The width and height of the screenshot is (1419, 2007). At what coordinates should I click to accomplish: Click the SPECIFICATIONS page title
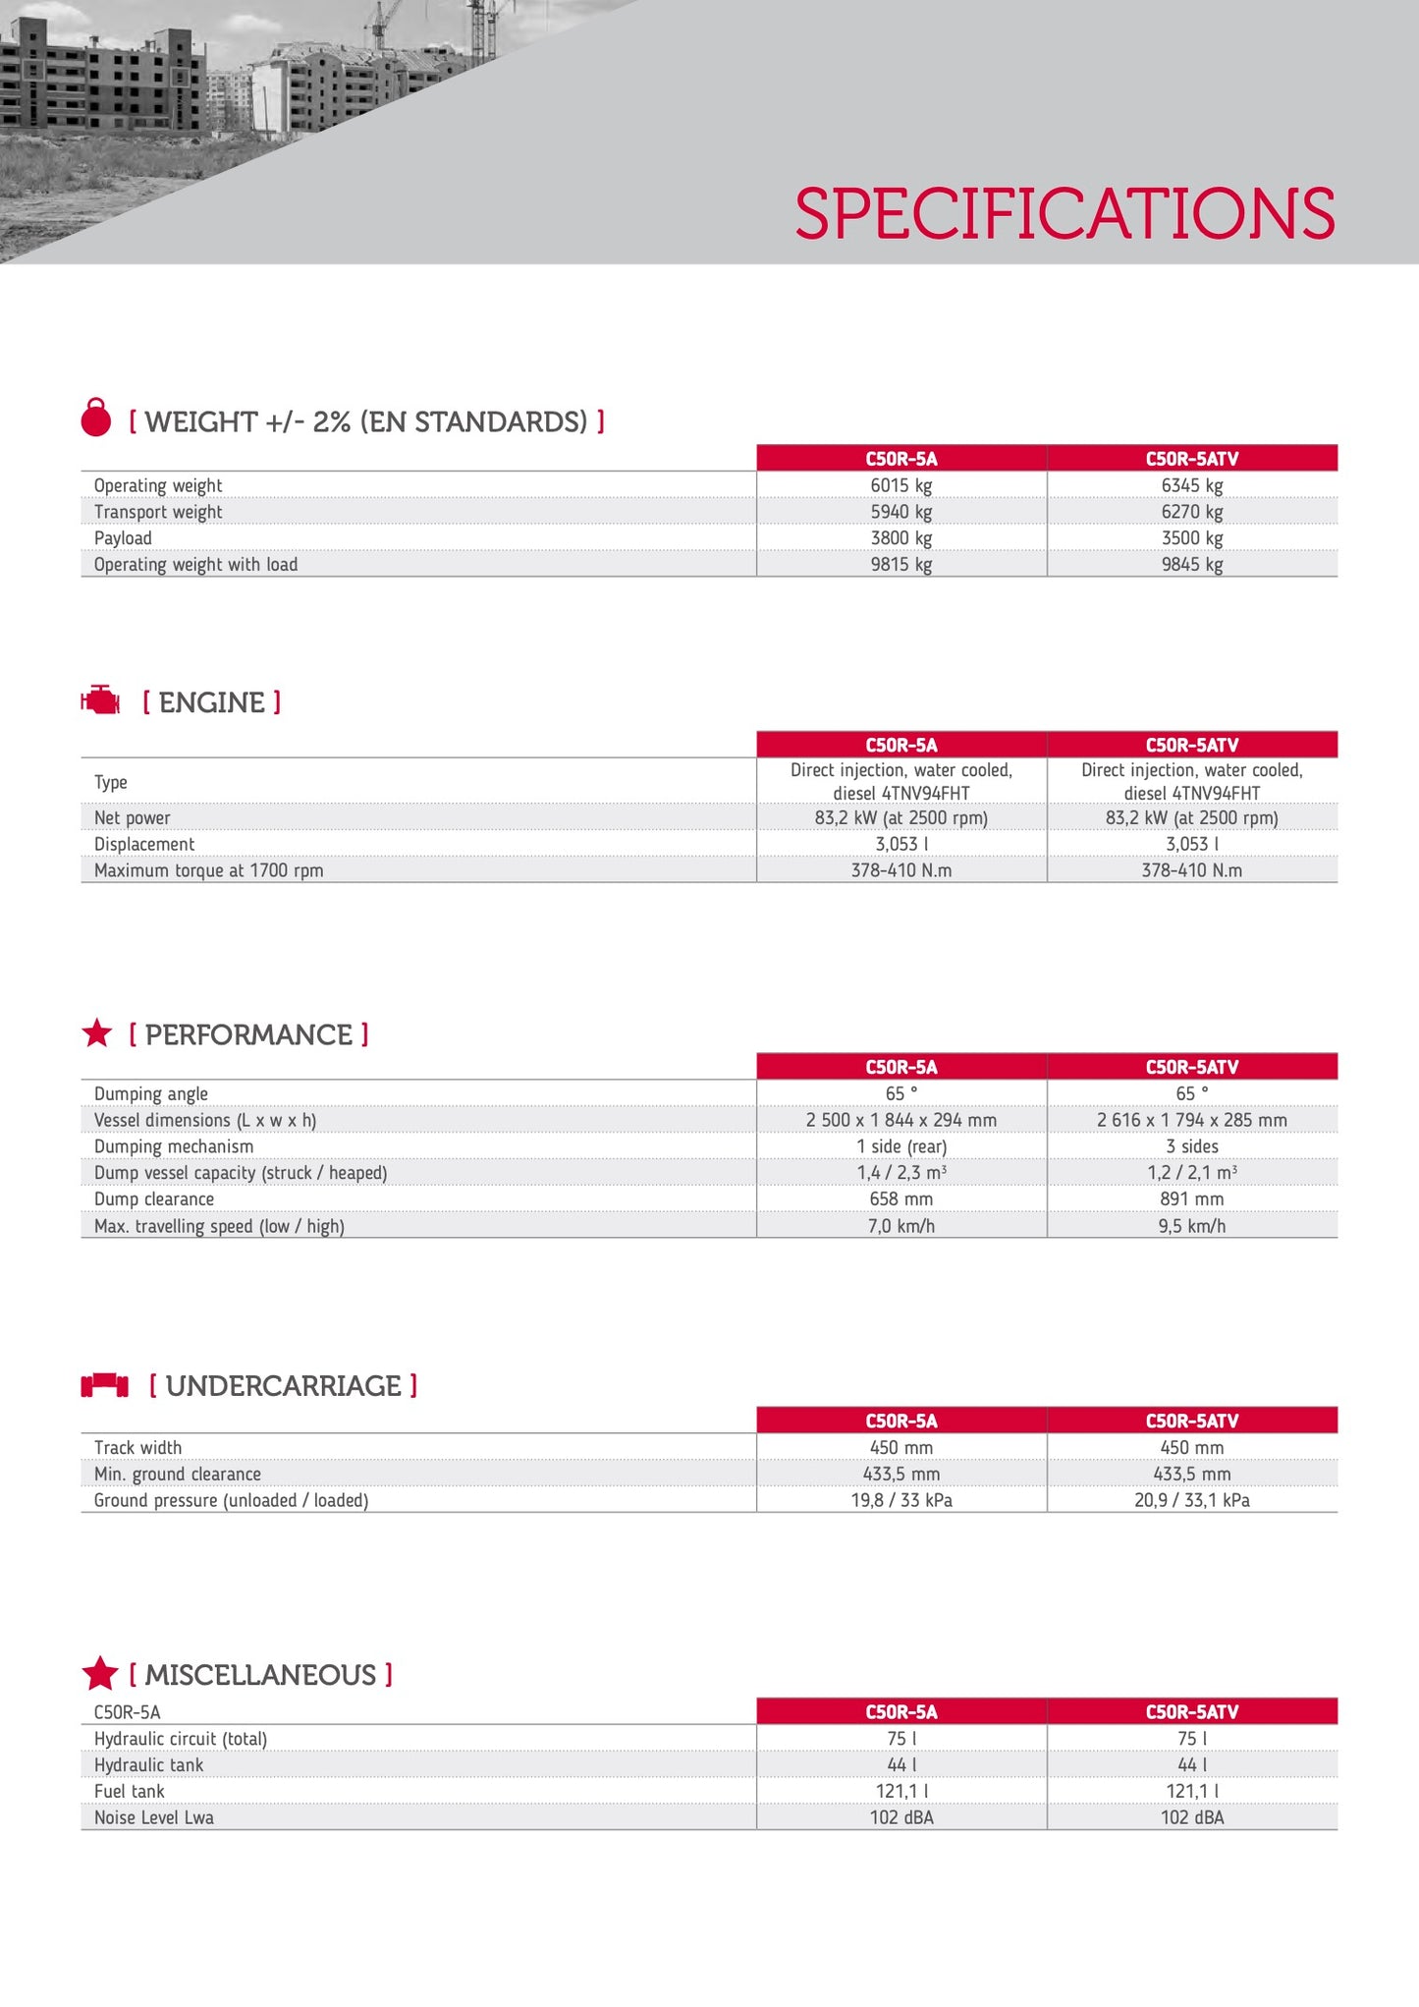1064,213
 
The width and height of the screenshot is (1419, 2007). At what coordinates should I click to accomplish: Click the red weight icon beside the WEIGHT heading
96,418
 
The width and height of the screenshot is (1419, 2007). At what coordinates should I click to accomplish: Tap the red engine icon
100,700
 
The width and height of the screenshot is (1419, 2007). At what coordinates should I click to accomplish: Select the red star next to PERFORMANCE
97,1033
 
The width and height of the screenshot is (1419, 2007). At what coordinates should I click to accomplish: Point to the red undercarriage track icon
104,1385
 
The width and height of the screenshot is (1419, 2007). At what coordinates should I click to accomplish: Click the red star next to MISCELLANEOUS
100,1673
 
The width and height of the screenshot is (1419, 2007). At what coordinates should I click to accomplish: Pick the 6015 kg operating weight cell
901,485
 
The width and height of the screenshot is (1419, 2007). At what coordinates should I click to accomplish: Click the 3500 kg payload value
1191,538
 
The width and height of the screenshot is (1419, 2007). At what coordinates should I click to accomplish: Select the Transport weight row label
158,512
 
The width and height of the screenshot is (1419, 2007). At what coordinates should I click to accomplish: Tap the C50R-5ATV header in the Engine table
1191,745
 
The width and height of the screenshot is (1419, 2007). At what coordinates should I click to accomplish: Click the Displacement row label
144,844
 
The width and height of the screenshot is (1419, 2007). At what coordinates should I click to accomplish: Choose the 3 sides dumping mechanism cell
1191,1146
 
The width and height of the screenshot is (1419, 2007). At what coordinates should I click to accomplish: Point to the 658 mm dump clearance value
901,1199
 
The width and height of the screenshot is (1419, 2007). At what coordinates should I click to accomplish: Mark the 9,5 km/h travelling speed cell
1191,1226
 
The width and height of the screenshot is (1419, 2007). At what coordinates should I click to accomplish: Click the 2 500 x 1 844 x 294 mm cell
901,1120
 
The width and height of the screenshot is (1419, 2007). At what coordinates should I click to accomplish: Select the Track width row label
137,1448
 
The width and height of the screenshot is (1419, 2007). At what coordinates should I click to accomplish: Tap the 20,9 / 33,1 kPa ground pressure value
1191,1500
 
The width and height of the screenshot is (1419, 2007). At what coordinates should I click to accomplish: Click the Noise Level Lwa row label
154,1817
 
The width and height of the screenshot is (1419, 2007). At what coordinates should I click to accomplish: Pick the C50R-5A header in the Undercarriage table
901,1421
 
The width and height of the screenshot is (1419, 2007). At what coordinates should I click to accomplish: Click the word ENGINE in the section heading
212,702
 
